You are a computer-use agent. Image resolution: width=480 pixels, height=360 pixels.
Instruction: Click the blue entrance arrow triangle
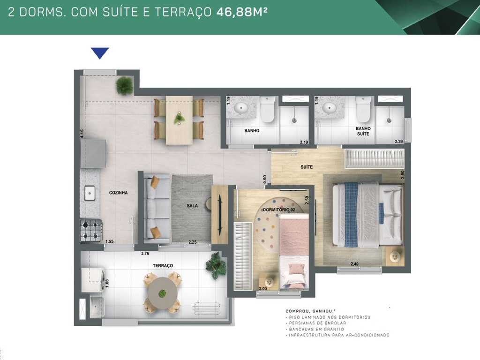[100, 52]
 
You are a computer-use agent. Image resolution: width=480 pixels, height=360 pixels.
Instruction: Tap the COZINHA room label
[118, 193]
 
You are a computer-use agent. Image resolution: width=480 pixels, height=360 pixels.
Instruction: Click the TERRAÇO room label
[163, 265]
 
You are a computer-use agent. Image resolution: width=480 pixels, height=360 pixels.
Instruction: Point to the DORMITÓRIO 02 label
[279, 210]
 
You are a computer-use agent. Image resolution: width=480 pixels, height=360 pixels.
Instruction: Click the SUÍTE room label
[307, 167]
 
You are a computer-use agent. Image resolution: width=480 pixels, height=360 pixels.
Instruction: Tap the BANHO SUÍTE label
[363, 131]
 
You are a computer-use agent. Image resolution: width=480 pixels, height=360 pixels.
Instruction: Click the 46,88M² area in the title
[242, 12]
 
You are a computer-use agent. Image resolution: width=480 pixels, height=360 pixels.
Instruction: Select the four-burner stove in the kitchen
[91, 230]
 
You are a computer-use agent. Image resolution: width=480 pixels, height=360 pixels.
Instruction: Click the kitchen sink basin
[89, 192]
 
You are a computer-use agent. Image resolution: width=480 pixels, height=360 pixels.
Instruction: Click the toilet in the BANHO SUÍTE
[363, 110]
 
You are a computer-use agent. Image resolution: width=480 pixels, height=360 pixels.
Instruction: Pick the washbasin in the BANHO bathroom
[241, 107]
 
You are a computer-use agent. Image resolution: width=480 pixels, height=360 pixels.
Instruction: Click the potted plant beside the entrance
[124, 85]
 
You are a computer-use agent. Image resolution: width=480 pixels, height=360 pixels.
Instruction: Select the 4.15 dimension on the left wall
[82, 133]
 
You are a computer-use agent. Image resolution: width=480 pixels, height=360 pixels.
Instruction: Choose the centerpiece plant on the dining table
[179, 118]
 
